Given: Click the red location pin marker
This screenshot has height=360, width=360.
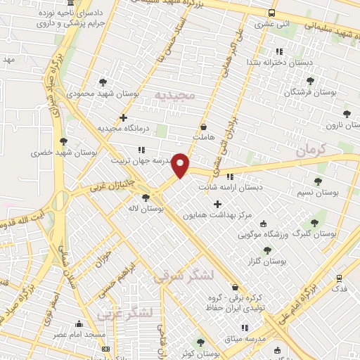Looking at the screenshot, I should point(181,165).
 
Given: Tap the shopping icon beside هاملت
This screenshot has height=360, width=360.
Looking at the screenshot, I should point(203,127).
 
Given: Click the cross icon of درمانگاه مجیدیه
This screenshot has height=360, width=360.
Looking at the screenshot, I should point(123,117).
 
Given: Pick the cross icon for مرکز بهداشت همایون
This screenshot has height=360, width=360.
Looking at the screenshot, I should point(217,204).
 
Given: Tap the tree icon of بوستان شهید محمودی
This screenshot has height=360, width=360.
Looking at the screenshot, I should point(103,82).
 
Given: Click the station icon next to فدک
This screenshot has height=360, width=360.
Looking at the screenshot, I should point(340,278).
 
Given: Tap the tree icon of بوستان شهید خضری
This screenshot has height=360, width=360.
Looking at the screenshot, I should point(63,141).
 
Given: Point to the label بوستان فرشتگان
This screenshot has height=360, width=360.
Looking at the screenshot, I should point(310,92).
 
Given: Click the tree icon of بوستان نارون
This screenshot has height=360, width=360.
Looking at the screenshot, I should point(345,113).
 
